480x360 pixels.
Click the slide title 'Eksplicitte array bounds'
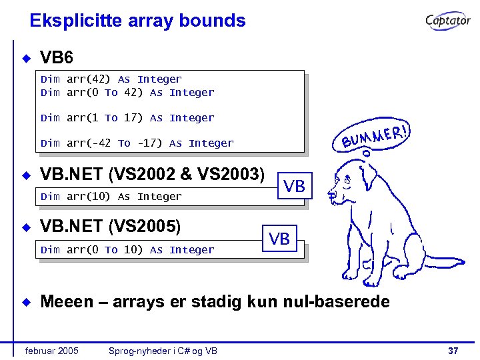137,21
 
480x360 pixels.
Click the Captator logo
448,21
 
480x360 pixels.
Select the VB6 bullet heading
57,58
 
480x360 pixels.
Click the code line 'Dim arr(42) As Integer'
111,79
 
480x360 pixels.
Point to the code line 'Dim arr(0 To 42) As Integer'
127,93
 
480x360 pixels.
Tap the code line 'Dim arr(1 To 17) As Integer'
127,118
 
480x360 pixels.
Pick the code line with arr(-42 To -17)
137,143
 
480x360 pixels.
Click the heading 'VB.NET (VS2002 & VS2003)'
153,175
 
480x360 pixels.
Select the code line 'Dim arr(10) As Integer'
111,197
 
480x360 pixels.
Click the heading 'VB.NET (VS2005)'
111,227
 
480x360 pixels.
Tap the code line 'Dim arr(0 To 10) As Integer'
127,250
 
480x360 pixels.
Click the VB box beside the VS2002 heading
294,187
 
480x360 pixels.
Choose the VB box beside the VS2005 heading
279,239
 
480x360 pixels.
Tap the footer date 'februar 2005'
51,351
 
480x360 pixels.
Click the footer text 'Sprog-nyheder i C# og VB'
163,351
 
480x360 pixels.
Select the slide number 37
453,351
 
